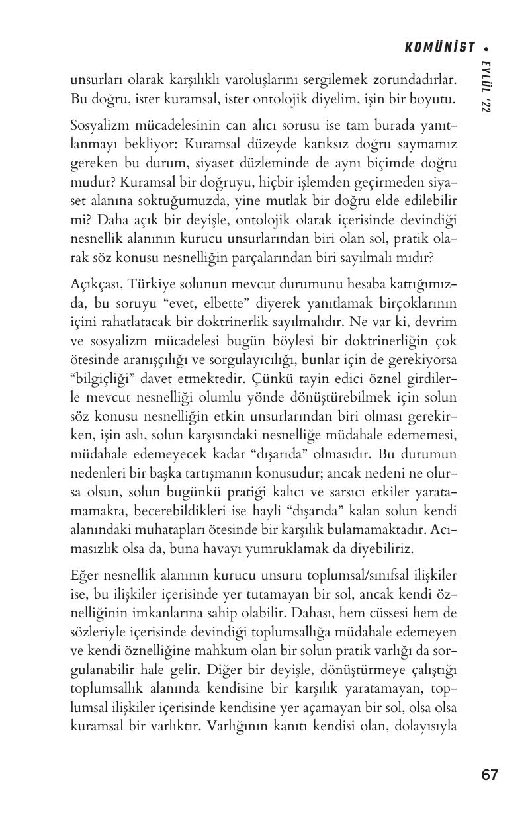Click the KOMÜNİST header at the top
tap(439, 47)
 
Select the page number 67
tap(490, 775)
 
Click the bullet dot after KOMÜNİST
tap(488, 48)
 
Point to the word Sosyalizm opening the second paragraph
tap(98, 126)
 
